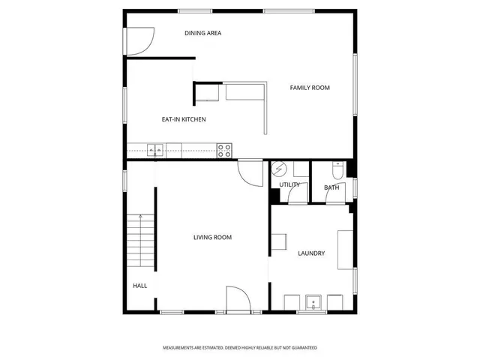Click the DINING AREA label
click(202, 33)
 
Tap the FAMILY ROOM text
click(310, 88)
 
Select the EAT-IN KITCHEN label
click(184, 119)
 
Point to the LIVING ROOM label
click(212, 238)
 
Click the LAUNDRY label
click(310, 253)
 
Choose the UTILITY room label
click(289, 184)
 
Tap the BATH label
click(331, 187)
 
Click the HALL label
click(140, 286)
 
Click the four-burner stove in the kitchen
click(225, 150)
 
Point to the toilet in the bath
click(337, 169)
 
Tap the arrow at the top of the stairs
click(139, 217)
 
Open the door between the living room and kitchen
click(250, 172)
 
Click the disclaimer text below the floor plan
click(240, 348)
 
